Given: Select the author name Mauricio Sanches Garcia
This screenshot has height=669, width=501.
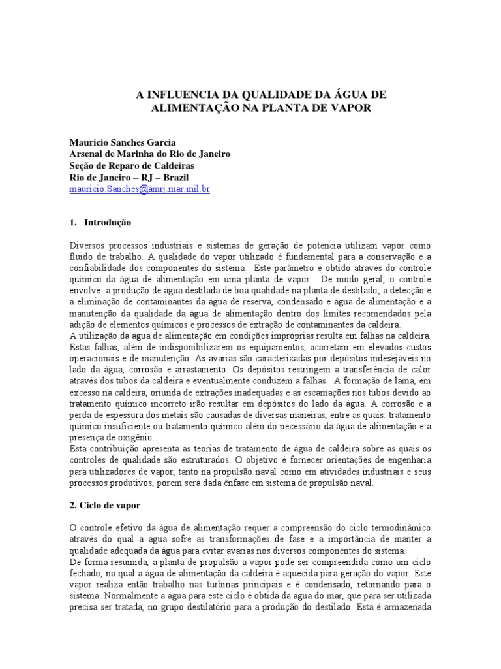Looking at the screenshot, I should pyautogui.click(x=122, y=142).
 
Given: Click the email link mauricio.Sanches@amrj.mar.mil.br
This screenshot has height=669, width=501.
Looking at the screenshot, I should pyautogui.click(x=139, y=189).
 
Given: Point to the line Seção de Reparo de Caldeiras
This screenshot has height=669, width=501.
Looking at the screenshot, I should pyautogui.click(x=132, y=165).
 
